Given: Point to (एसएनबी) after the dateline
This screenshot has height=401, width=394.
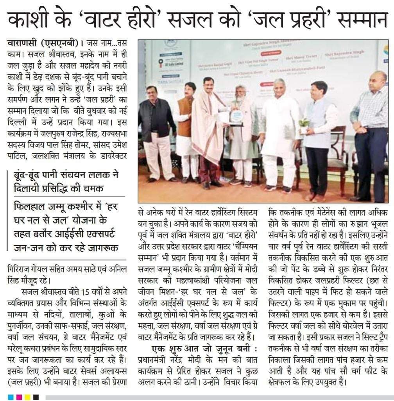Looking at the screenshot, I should click(62, 42).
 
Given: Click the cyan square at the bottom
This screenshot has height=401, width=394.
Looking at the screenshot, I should click(11, 397).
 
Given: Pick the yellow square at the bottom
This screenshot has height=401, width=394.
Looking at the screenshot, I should click(28, 397).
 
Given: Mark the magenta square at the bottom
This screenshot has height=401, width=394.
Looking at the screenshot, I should click(19, 397).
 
